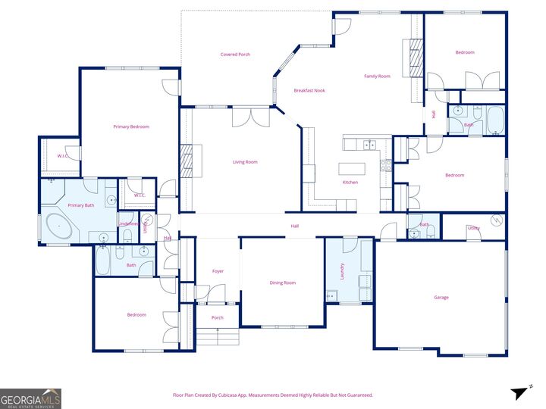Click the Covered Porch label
pyautogui.click(x=235, y=55)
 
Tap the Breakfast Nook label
pyautogui.click(x=309, y=91)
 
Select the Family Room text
pyautogui.click(x=377, y=76)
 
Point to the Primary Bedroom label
pyautogui.click(x=131, y=126)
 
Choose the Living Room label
pyautogui.click(x=245, y=162)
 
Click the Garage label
pyautogui.click(x=441, y=298)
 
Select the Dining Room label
pyautogui.click(x=283, y=283)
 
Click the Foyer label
pyautogui.click(x=218, y=271)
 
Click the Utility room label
pyautogui.click(x=473, y=228)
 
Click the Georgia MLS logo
pyautogui.click(x=30, y=398)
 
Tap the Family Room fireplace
pyautogui.click(x=415, y=58)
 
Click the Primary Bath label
pyautogui.click(x=81, y=205)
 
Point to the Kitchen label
pyautogui.click(x=350, y=183)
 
